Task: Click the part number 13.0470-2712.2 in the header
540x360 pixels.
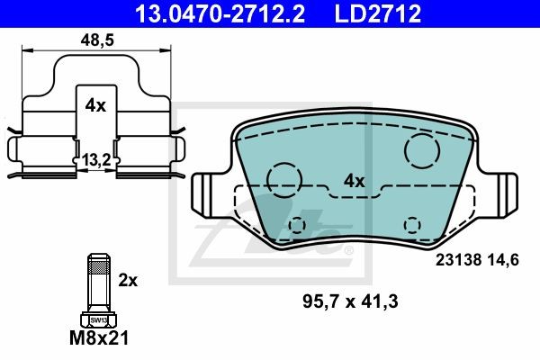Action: (x=220, y=13)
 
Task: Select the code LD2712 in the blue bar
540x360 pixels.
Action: (x=378, y=13)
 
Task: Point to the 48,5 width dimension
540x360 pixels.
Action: (x=97, y=40)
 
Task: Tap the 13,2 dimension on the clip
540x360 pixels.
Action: (x=96, y=160)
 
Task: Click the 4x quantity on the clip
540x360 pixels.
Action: (x=95, y=106)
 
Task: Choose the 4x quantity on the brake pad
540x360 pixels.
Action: (x=354, y=181)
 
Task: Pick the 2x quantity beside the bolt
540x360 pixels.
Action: (x=128, y=281)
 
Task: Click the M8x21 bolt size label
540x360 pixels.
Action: (x=99, y=338)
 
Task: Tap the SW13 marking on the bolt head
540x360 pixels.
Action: (x=98, y=320)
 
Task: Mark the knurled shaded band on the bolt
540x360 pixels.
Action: (x=99, y=267)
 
